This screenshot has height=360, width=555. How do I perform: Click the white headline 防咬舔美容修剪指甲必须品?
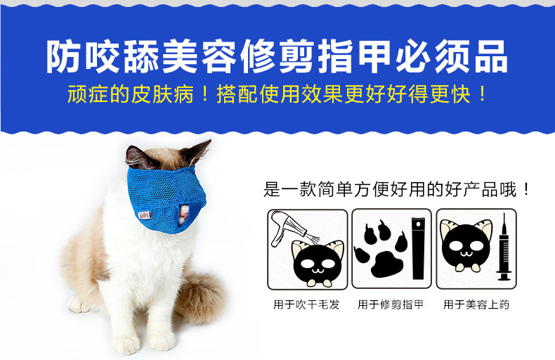(277, 57)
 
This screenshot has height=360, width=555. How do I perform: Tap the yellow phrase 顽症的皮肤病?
(130, 94)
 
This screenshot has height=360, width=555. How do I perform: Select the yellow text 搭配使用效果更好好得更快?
(344, 94)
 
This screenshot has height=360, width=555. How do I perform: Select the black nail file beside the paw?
(418, 248)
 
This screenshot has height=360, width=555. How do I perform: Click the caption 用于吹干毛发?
(306, 304)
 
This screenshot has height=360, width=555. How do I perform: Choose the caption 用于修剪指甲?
(391, 304)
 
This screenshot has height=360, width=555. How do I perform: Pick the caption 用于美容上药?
(476, 304)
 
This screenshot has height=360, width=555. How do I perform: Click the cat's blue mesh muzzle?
(166, 199)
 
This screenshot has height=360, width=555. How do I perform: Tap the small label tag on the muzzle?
(145, 214)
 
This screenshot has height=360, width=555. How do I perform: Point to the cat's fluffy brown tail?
(200, 297)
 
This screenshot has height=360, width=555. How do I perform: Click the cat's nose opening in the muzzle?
(183, 214)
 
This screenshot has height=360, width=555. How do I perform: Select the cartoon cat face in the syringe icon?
(466, 245)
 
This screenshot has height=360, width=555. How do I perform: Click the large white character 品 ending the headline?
(491, 57)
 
